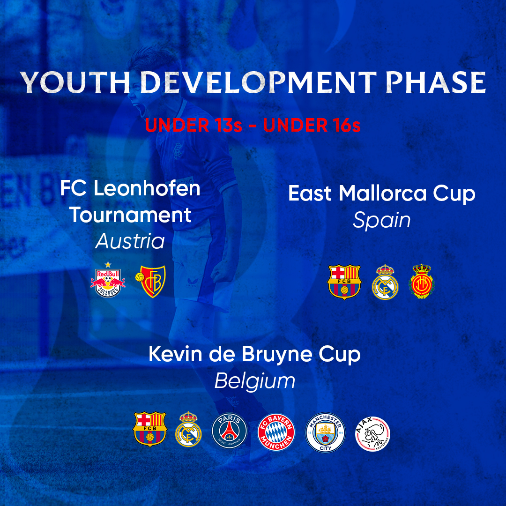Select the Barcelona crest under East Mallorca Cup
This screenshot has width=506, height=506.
click(x=344, y=282)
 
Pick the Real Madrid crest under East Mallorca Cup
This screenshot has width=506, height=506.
click(x=385, y=283)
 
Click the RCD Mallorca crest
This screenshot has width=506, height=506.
click(x=422, y=282)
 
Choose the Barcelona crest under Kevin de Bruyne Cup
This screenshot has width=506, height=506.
click(x=150, y=428)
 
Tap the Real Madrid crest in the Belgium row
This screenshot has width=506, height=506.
click(x=188, y=429)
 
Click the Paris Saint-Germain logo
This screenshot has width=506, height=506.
click(x=229, y=429)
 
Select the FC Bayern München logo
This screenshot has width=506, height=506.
click(x=276, y=429)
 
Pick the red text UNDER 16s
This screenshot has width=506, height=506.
click(x=312, y=126)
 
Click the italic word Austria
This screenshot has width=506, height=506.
click(x=130, y=242)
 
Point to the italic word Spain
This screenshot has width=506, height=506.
click(x=381, y=220)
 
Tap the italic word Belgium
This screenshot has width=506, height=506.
click(x=255, y=381)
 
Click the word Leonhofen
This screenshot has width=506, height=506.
click(x=147, y=188)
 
